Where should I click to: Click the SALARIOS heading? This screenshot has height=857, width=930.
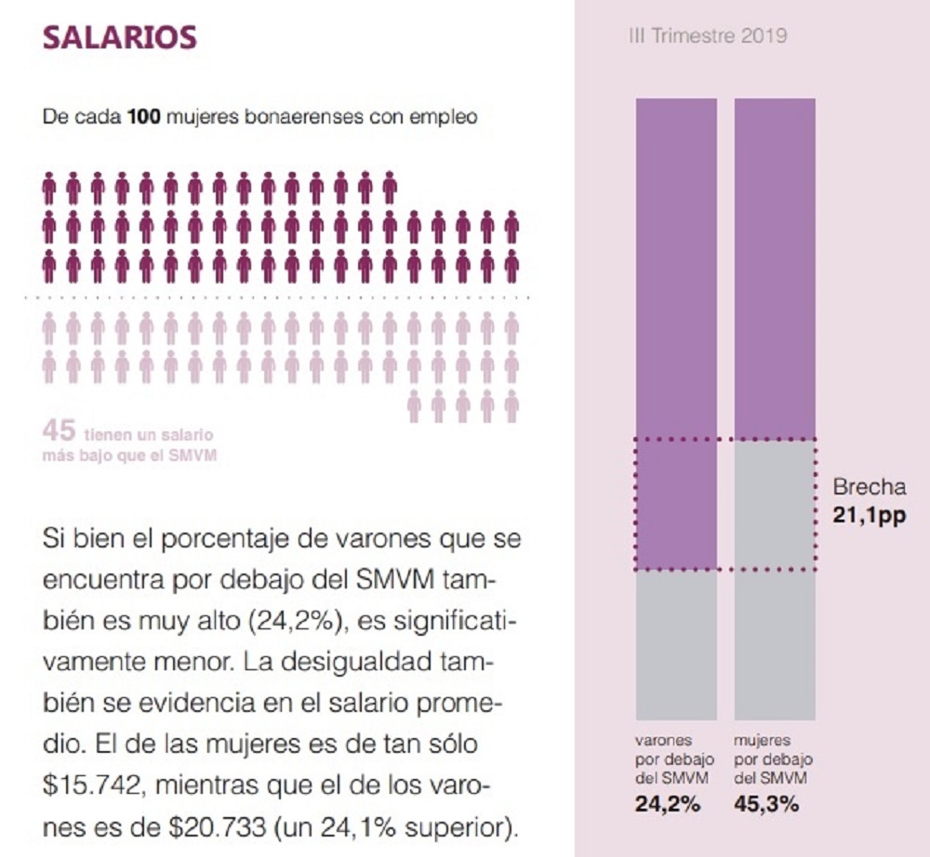[x=120, y=36]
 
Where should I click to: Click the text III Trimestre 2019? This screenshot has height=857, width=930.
[x=708, y=36]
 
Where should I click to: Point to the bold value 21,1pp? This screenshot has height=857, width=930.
[x=869, y=512]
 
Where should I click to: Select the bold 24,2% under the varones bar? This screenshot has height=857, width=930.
[x=668, y=805]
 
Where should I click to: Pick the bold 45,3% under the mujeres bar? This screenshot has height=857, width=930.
[x=766, y=805]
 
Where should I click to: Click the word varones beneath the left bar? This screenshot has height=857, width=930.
[x=661, y=741]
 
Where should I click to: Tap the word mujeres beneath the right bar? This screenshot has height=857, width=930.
[x=762, y=741]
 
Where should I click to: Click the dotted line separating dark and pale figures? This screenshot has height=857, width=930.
[x=279, y=297]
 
